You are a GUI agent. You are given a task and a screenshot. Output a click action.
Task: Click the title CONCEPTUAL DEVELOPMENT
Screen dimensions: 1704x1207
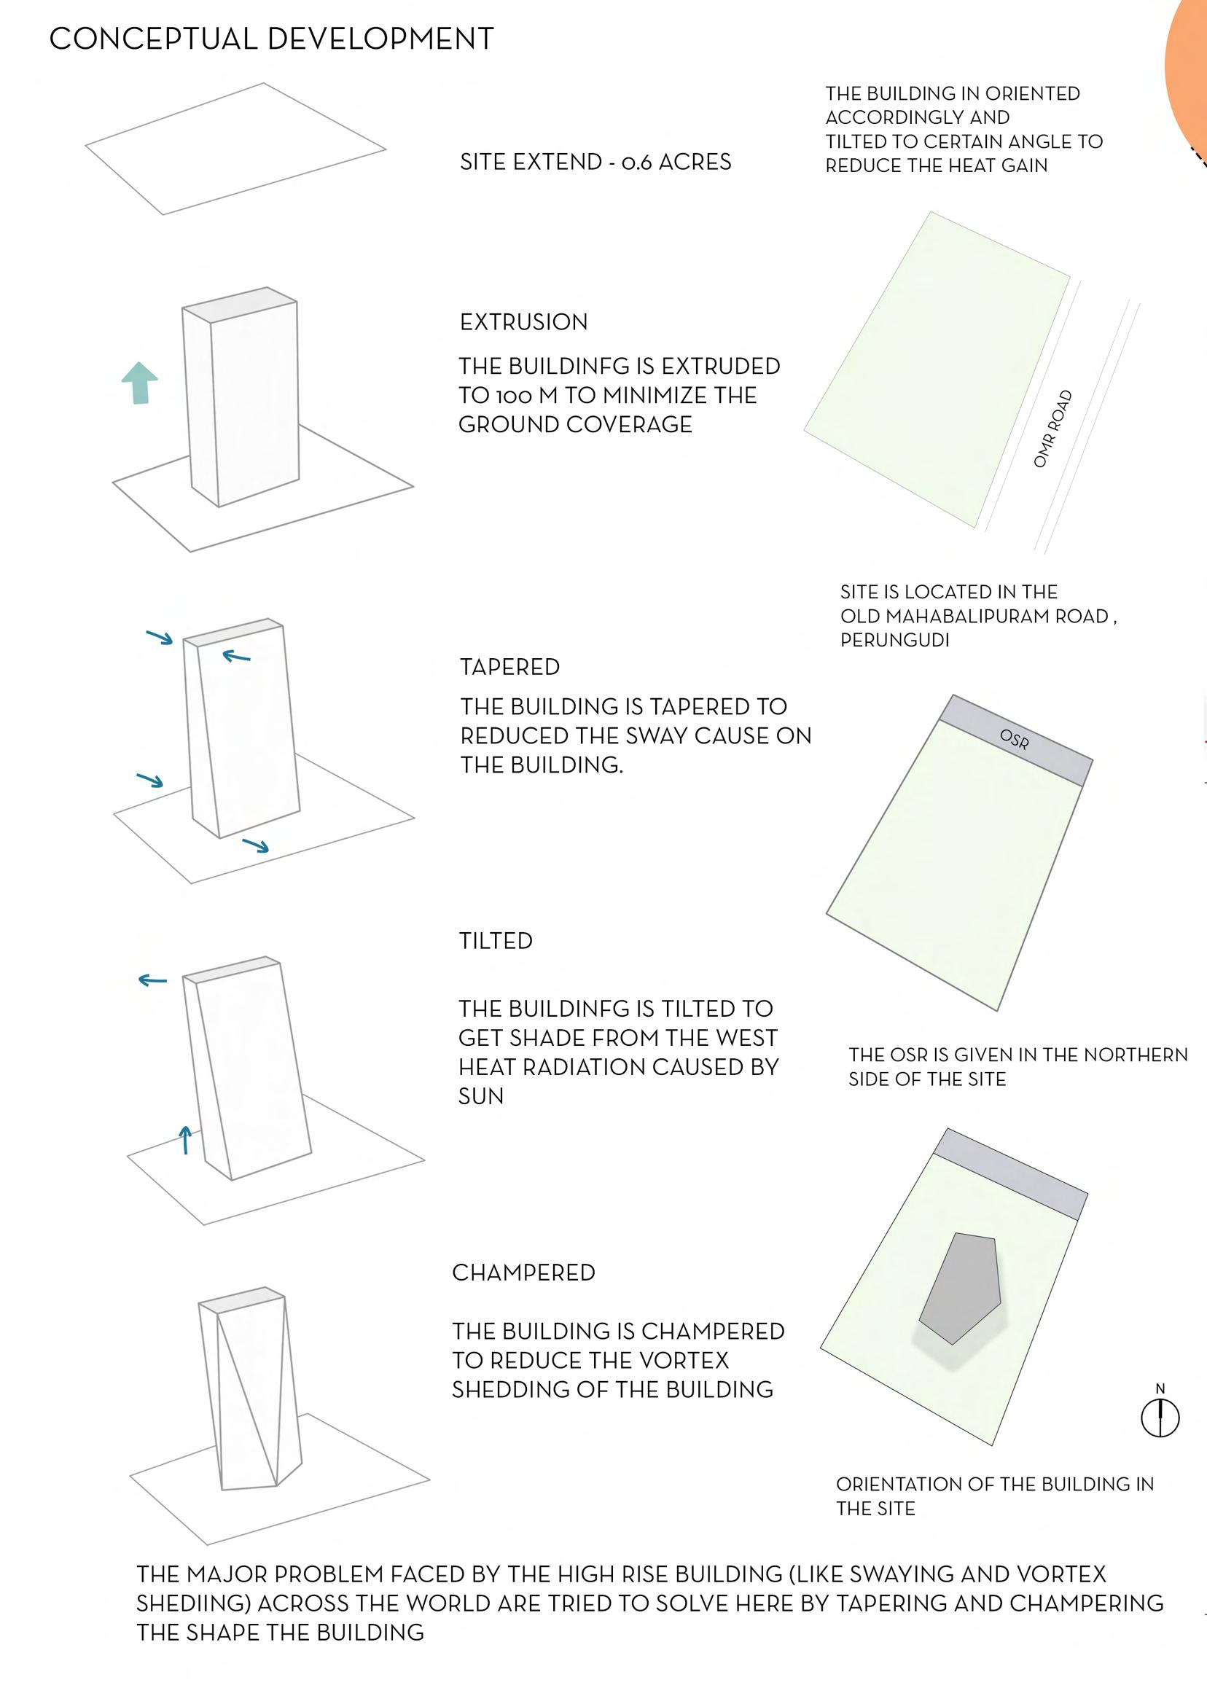271,39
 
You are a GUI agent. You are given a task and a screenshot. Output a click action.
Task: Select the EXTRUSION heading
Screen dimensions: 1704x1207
523,321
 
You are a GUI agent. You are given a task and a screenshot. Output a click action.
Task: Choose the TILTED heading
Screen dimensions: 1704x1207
495,941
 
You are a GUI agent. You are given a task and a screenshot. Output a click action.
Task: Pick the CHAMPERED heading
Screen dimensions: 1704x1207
523,1273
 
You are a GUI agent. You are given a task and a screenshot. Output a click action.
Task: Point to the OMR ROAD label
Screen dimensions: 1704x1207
1053,429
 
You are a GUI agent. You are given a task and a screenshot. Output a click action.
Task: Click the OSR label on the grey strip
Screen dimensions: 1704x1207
1015,740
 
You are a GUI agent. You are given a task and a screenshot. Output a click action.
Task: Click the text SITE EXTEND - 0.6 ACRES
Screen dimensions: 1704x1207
595,162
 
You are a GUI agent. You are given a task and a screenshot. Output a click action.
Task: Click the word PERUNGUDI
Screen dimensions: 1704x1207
894,640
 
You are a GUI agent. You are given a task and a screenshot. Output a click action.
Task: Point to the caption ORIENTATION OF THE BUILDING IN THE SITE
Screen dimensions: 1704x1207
994,1496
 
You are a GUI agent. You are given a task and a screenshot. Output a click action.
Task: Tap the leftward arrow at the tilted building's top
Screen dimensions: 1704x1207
153,980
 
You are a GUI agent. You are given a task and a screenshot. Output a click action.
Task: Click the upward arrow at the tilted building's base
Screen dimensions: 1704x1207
185,1139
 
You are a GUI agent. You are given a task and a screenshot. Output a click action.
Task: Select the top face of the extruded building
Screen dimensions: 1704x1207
239,305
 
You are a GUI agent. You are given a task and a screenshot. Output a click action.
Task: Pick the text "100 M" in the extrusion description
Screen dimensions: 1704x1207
526,395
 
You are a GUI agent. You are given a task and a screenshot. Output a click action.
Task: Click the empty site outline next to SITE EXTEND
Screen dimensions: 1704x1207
235,148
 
